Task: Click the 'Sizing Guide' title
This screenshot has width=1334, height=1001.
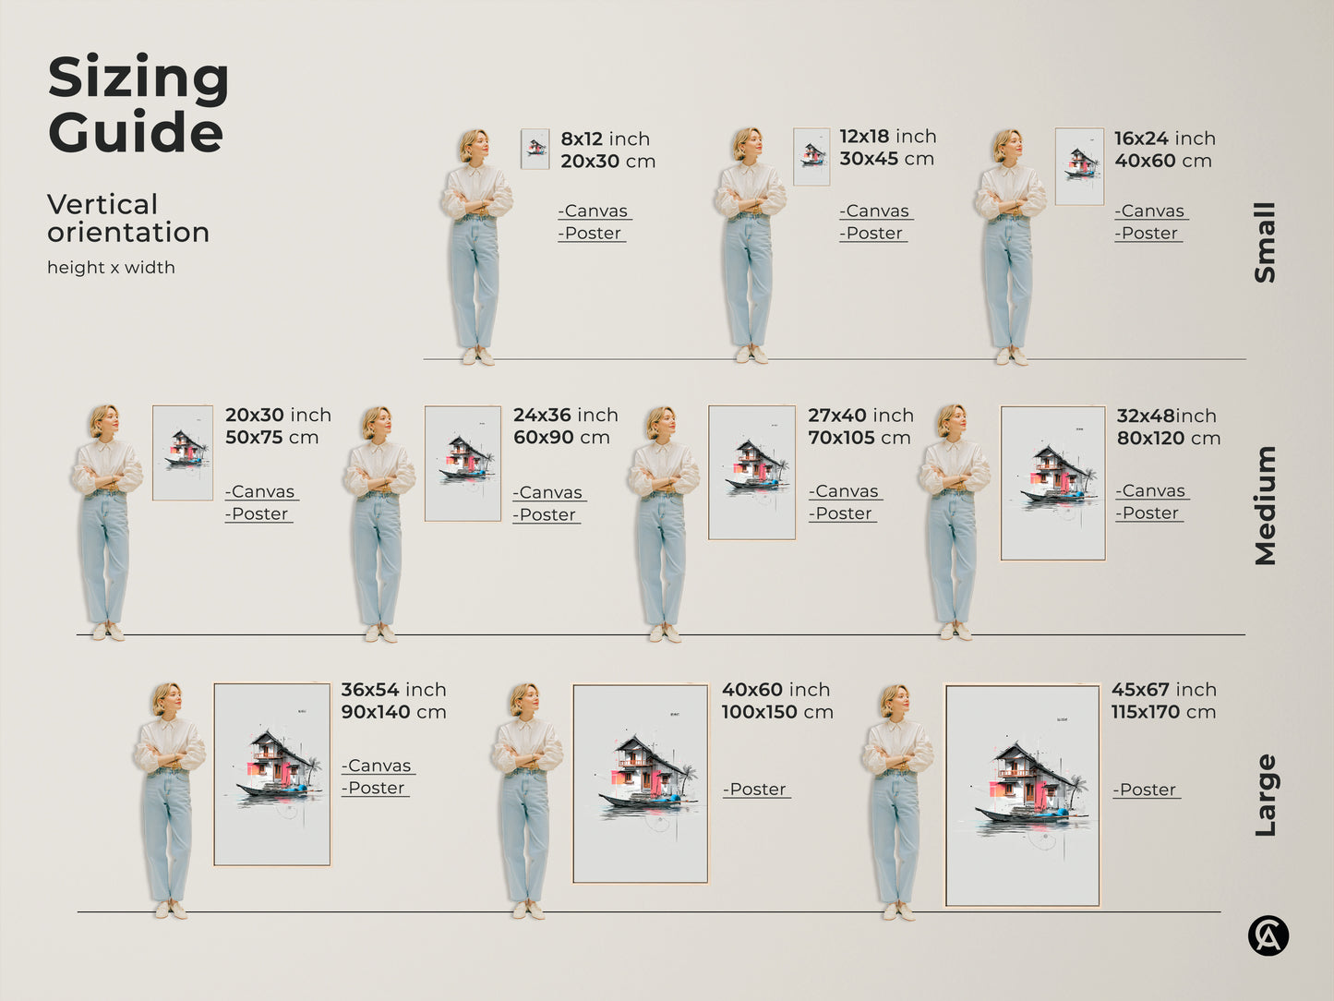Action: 138,104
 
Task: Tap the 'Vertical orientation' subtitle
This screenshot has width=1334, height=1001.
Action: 128,218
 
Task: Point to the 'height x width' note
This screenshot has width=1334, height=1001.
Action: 111,268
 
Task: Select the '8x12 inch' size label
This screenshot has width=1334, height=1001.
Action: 605,139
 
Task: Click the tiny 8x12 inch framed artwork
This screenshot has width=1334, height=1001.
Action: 535,149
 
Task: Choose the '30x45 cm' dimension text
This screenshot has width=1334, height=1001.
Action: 886,159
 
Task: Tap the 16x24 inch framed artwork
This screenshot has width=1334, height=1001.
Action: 1079,166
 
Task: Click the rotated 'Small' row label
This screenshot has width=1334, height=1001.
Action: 1265,242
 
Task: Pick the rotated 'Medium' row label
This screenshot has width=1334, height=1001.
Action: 1265,505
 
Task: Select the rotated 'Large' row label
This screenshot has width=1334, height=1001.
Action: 1265,795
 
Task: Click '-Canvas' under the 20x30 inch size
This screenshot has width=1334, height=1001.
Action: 261,491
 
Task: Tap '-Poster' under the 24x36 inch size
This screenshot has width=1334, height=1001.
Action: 547,515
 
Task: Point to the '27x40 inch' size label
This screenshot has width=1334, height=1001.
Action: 860,416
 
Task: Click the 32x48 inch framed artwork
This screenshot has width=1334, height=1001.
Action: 1053,483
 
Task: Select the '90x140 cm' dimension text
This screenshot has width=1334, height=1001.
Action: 393,712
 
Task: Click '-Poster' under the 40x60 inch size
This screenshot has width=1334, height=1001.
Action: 756,790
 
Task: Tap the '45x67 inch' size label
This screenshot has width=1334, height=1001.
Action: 1163,690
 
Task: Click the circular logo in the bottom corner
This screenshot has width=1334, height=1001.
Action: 1268,936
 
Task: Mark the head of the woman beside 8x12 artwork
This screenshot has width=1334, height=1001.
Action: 474,145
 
